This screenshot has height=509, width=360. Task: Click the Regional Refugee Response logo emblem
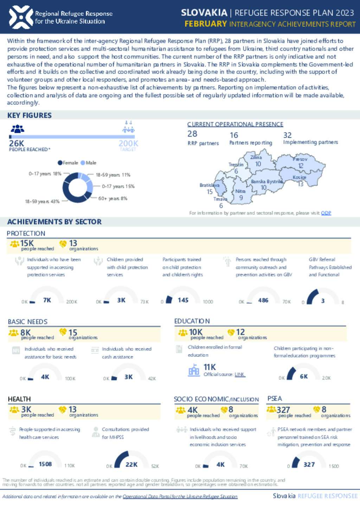pyautogui.click(x=21, y=17)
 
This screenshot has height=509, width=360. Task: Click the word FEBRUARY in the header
pyautogui.click(x=206, y=24)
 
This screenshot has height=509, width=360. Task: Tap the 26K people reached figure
pyautogui.click(x=17, y=143)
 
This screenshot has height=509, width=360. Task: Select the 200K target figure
pyautogui.click(x=128, y=143)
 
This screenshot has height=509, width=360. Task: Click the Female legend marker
pyautogui.click(x=60, y=163)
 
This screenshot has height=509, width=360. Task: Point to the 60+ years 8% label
pyautogui.click(x=112, y=198)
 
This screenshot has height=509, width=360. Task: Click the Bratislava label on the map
pyautogui.click(x=209, y=185)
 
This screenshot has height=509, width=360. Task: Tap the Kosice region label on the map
pyautogui.click(x=300, y=177)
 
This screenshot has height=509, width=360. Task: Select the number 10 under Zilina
pyautogui.click(x=258, y=164)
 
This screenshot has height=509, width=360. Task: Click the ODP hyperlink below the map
pyautogui.click(x=326, y=213)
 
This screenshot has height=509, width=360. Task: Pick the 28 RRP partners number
pyautogui.click(x=192, y=134)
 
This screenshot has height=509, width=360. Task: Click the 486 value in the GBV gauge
pyautogui.click(x=263, y=300)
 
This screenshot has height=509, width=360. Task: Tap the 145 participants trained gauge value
pyautogui.click(x=183, y=300)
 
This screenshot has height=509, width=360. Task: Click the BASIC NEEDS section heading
pyautogui.click(x=27, y=322)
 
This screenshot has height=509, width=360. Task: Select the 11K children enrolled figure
pyautogui.click(x=210, y=367)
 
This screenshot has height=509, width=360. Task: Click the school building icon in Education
pyautogui.click(x=194, y=370)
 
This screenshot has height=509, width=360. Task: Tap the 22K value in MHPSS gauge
pyautogui.click(x=131, y=464)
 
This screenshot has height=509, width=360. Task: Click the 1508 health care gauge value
pyautogui.click(x=45, y=464)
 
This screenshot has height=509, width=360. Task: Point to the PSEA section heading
pyautogui.click(x=275, y=398)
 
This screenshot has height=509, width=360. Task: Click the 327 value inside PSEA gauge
pyautogui.click(x=309, y=464)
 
